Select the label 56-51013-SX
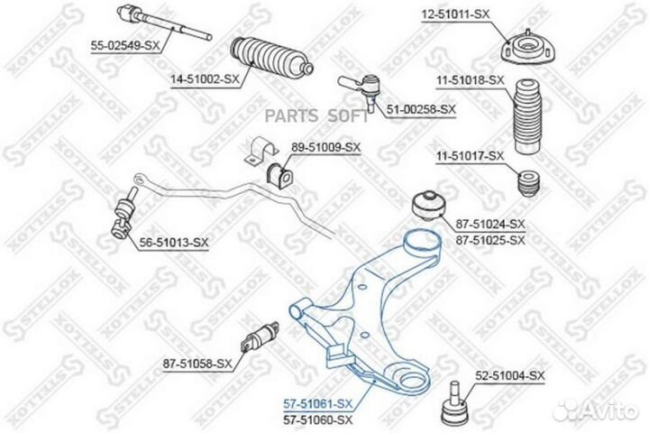pos(174,243)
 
